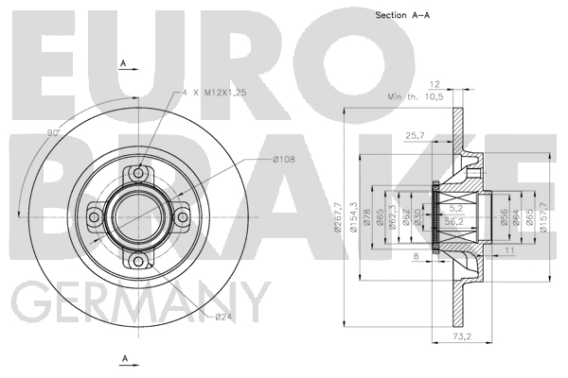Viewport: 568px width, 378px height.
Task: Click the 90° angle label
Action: click(54, 132)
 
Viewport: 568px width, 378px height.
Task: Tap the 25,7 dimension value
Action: click(415, 135)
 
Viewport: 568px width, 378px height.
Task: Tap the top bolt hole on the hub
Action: click(139, 173)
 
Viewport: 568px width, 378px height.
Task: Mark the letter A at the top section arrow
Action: click(124, 62)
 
